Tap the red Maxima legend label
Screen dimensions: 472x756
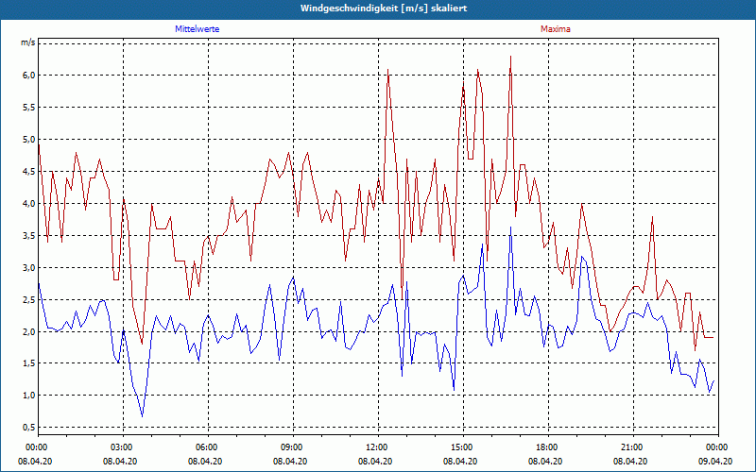[x=555, y=29]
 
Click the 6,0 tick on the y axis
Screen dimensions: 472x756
[x=27, y=76]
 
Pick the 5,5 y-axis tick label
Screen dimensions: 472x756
[x=27, y=108]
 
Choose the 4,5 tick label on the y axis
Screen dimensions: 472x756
[x=27, y=172]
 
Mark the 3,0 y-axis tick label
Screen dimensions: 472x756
[x=27, y=268]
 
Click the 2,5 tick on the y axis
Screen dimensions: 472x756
[x=27, y=300]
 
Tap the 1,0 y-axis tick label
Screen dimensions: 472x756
[x=27, y=396]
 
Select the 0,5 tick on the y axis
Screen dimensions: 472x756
[x=27, y=428]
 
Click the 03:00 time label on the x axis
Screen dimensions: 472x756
[x=122, y=447]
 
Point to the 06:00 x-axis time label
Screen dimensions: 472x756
[x=207, y=447]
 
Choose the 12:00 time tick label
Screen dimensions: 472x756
[x=377, y=447]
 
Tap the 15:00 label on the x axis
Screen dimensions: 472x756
[x=462, y=447]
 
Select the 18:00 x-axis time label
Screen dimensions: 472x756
[x=547, y=447]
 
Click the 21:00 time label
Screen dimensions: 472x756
[x=632, y=447]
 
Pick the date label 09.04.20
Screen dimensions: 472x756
[x=716, y=461]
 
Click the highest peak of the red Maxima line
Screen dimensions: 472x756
[x=510, y=57]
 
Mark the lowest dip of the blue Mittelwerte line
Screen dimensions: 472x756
[x=143, y=415]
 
